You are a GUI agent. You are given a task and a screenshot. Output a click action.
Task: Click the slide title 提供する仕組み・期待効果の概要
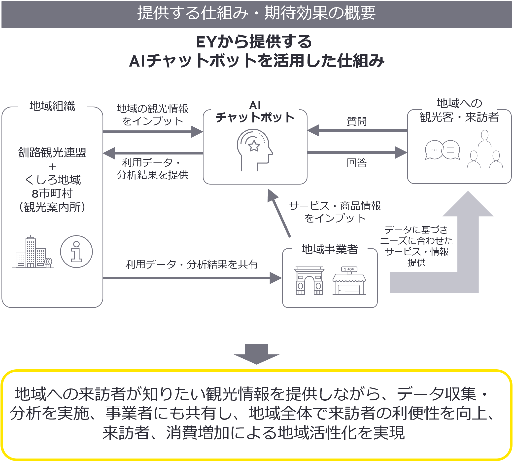tap(256, 13)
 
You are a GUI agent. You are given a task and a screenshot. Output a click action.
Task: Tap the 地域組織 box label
tap(52, 106)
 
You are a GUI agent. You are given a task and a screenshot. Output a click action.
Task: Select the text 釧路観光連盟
tap(52, 153)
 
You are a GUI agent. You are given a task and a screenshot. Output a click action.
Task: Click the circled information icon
tap(76, 252)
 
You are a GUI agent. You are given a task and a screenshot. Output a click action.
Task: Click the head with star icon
tap(254, 150)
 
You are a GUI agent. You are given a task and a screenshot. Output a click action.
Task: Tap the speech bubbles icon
tap(442, 150)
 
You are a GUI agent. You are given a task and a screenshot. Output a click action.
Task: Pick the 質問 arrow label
tap(357, 121)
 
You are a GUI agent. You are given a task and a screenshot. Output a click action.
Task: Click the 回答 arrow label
tap(357, 162)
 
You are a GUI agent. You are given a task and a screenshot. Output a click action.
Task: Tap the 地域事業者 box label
tap(330, 249)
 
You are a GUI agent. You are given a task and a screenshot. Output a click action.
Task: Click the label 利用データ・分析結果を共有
tap(192, 265)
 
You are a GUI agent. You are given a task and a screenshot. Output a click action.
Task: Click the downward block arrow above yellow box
tap(256, 354)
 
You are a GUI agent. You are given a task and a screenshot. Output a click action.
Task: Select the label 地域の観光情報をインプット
tap(152, 115)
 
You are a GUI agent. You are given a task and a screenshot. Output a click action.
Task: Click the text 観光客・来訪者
tap(459, 117)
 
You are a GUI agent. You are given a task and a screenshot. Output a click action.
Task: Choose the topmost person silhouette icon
tap(484, 138)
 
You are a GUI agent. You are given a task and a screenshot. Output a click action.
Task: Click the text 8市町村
tap(52, 194)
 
